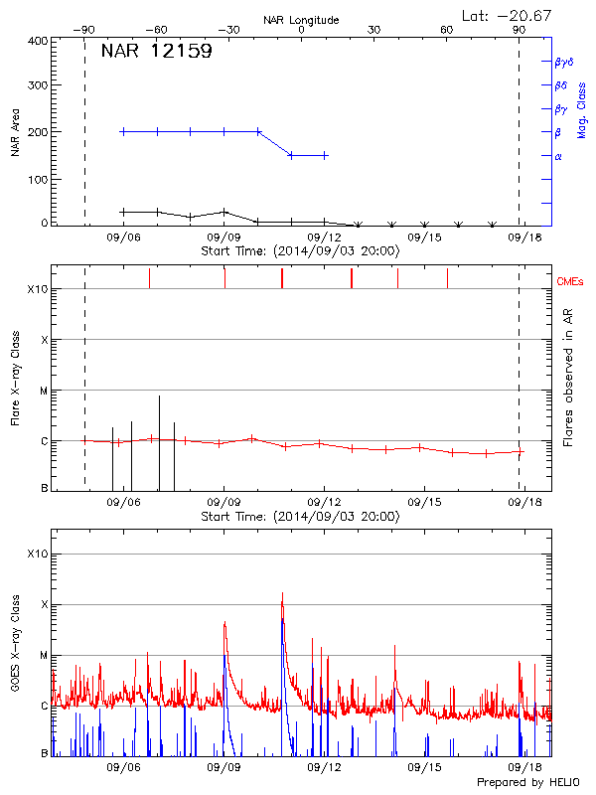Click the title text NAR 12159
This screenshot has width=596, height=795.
(156, 52)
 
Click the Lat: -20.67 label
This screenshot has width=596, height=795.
(508, 14)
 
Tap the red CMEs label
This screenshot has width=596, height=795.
(571, 282)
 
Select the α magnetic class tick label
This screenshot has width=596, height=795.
(558, 156)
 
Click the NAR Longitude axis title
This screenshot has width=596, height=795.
(301, 19)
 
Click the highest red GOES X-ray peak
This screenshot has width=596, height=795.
(282, 594)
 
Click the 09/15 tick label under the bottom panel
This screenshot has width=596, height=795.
(424, 767)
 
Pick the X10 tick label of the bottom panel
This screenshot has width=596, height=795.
(37, 554)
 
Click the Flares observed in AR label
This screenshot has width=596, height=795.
(569, 378)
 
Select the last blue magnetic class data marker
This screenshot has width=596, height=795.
(325, 155)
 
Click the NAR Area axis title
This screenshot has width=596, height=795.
(14, 131)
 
